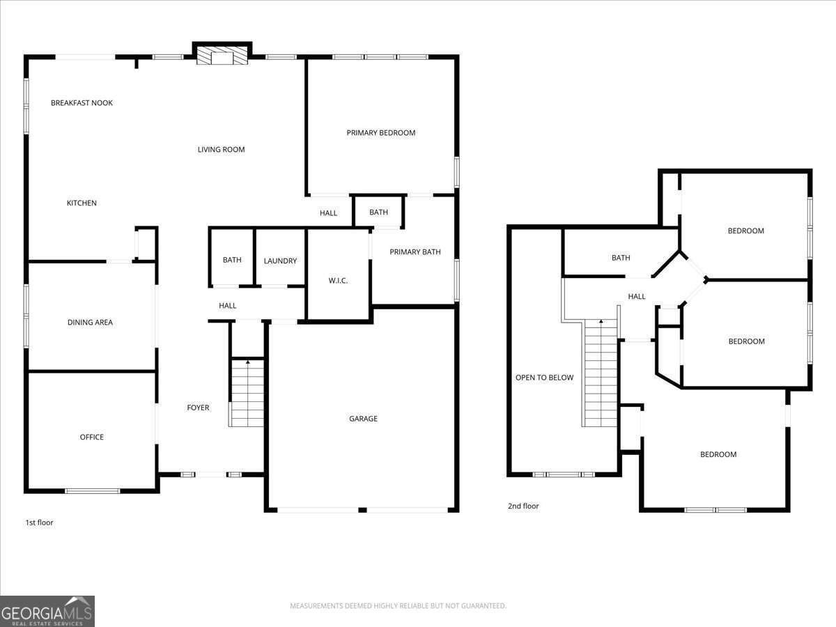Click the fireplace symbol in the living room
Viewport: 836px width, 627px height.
click(x=222, y=56)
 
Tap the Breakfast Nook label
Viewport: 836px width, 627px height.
click(x=82, y=103)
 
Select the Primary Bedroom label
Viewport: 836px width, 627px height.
click(x=380, y=133)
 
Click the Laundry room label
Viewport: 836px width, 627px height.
click(x=280, y=261)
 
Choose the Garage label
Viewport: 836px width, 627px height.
click(x=363, y=419)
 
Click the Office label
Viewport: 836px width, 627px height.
click(x=91, y=438)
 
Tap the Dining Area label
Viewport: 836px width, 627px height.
click(x=90, y=323)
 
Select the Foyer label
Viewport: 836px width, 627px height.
click(x=198, y=408)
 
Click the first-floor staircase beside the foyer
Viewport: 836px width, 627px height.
click(x=247, y=393)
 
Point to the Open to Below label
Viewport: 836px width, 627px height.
click(x=544, y=378)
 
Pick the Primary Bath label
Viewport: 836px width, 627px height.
click(x=415, y=252)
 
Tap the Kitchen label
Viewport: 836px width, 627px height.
click(x=82, y=203)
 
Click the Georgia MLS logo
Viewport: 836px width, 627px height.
click(x=47, y=611)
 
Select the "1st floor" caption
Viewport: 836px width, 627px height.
click(x=39, y=522)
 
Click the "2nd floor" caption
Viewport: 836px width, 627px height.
click(x=523, y=506)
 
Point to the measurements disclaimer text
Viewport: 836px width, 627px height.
click(x=398, y=606)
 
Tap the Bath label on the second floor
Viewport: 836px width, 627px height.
click(x=621, y=258)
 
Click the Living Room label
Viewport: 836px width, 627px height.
click(x=221, y=150)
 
